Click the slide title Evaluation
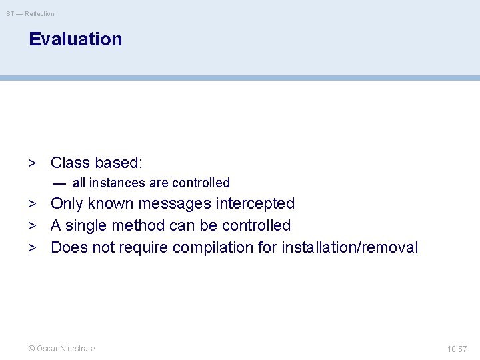75,39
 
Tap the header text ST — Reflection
31,13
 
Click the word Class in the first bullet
70,163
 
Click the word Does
69,248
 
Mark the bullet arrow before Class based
32,163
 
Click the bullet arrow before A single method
32,226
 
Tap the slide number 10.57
457,349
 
